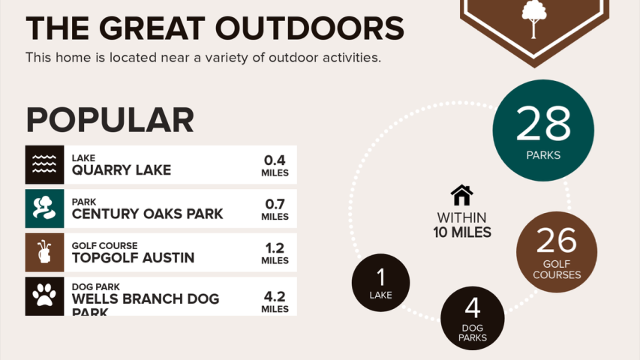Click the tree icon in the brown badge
533,19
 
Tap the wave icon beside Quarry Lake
44,164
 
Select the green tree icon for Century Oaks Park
44,208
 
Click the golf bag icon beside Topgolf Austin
44,252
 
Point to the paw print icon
44,295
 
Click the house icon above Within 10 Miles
461,196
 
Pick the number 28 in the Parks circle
543,124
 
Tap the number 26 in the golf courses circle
557,241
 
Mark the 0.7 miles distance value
275,208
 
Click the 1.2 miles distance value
275,252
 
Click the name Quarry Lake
122,170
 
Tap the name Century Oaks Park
147,214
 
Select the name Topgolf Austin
133,257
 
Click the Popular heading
110,120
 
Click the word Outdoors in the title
308,28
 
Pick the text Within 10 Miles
462,225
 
